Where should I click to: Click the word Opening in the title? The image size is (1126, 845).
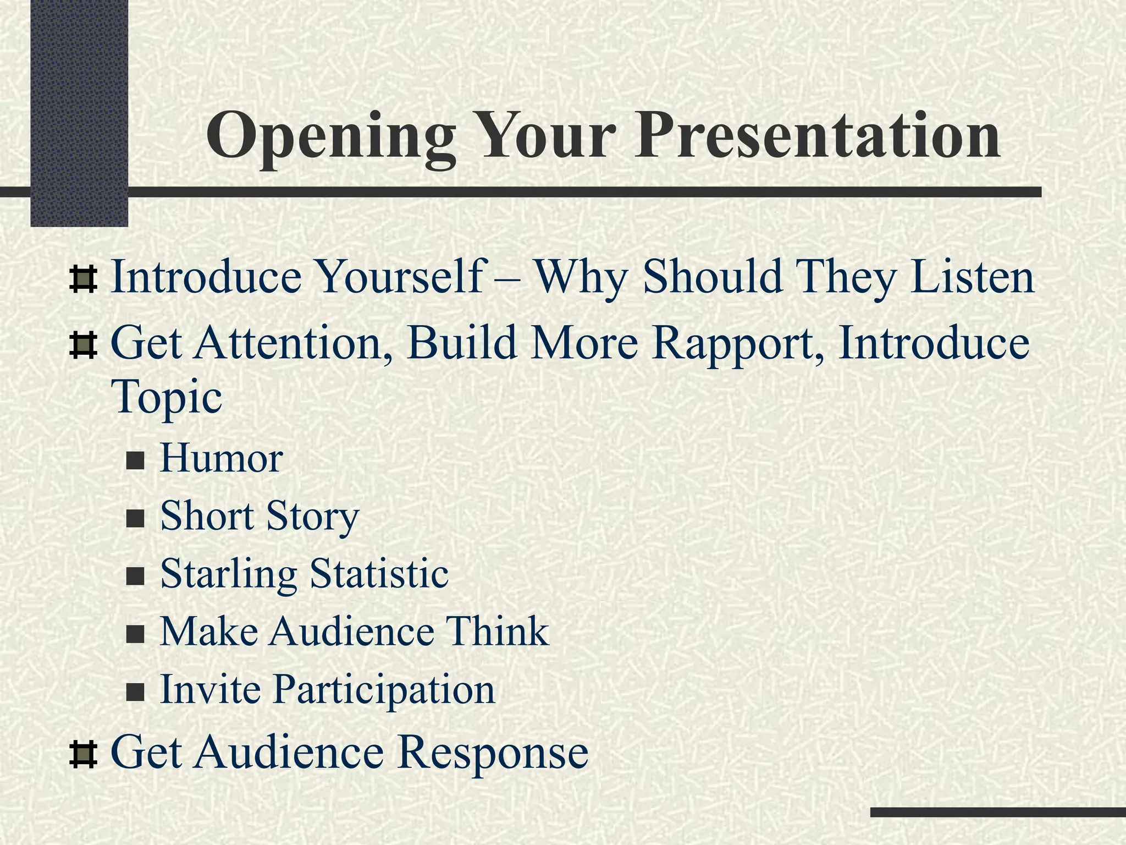330,136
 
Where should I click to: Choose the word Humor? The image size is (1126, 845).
221,458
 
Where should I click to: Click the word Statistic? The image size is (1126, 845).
379,573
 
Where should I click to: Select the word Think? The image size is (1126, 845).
497,631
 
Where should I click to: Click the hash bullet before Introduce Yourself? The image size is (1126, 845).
84,279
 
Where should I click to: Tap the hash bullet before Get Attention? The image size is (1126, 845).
84,345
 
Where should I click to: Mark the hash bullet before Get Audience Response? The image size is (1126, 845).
84,755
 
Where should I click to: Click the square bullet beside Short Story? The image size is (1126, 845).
135,518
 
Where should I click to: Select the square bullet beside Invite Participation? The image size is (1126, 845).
135,692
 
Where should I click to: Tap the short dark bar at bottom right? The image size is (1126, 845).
997,812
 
